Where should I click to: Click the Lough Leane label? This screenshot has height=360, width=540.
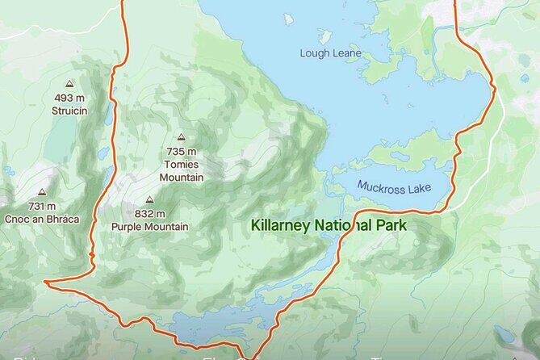pos(330,54)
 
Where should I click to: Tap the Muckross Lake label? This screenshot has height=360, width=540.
pos(394,187)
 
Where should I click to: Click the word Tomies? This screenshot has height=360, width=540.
pos(182,165)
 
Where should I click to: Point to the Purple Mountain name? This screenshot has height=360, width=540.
pos(150,227)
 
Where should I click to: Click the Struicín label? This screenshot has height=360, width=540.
pos(69,111)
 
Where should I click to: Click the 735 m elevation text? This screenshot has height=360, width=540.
pos(182,152)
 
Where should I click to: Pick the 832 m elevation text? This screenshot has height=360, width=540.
pos(150,214)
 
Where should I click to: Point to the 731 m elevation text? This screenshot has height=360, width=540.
pos(41,207)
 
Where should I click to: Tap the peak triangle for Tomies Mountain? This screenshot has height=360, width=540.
pos(182,138)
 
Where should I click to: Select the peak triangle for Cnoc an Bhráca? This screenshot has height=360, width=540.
pos(41,193)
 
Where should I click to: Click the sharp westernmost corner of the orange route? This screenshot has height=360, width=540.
pos(45,283)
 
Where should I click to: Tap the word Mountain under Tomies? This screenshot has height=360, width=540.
pos(182,177)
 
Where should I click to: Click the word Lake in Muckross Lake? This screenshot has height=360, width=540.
pos(417,188)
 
